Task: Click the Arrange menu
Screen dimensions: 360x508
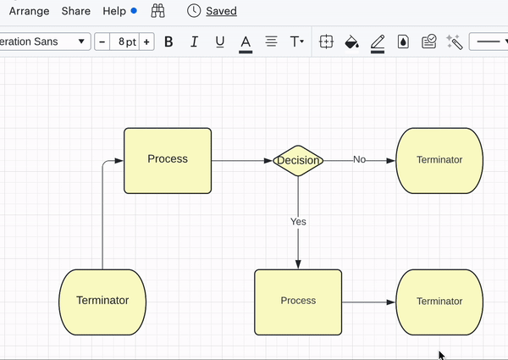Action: [x=30, y=11]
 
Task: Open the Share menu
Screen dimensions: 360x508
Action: [x=76, y=11]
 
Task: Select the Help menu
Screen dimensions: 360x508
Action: [x=114, y=11]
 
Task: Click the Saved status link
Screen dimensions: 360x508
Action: [x=221, y=11]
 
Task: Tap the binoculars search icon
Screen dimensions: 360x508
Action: [x=157, y=11]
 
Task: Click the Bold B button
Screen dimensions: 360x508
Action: [x=168, y=42]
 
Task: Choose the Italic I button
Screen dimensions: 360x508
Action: [x=194, y=42]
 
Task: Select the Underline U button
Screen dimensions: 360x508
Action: [x=220, y=42]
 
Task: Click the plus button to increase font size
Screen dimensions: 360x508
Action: [x=146, y=42]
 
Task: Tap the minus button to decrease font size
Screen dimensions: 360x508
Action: [x=102, y=42]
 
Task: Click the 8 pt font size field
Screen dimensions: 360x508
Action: [x=125, y=42]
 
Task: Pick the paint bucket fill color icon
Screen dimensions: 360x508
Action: [x=352, y=42]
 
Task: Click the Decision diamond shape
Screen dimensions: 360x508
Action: [x=298, y=160]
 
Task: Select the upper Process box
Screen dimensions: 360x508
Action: [x=168, y=160]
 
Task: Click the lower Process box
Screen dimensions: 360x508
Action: [x=298, y=302]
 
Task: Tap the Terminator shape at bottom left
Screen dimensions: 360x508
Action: [x=102, y=302]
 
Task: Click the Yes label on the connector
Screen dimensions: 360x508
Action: [x=298, y=222]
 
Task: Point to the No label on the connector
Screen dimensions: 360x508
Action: [x=359, y=159]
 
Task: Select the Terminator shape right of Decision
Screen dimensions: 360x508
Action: [x=439, y=160]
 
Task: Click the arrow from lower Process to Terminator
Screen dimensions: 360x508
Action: [x=368, y=302]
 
